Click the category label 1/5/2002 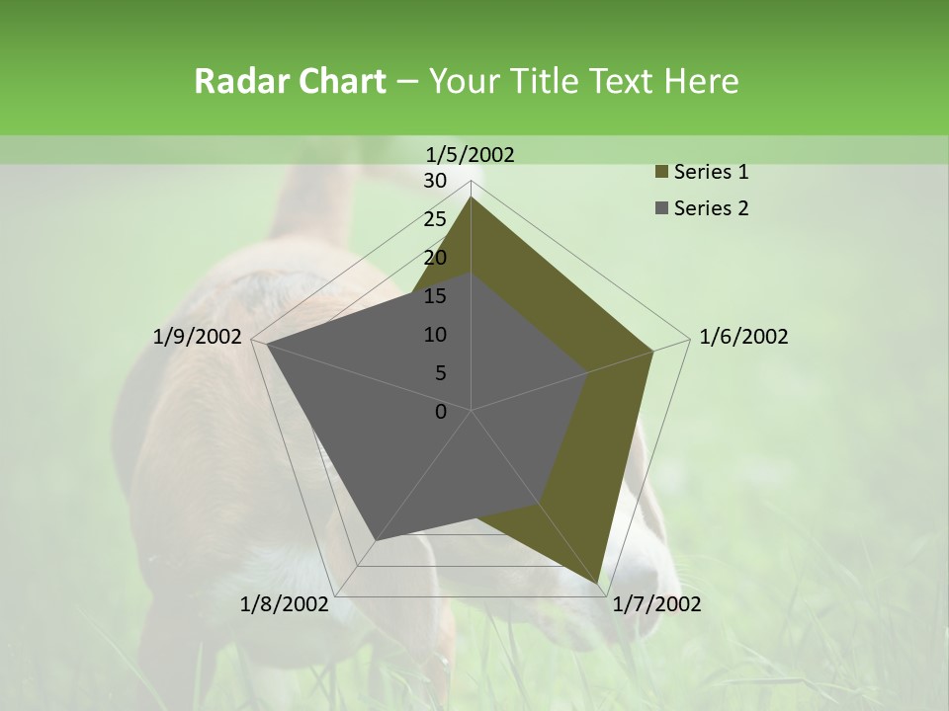[x=471, y=154]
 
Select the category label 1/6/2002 [x=743, y=337]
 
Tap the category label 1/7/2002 [x=656, y=603]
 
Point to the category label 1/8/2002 [x=285, y=603]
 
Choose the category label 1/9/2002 [x=198, y=337]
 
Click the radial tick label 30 [x=435, y=181]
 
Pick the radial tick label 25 [x=435, y=219]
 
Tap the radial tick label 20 [x=435, y=258]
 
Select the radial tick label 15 [x=435, y=296]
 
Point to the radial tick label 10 [x=435, y=335]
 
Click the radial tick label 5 [x=440, y=373]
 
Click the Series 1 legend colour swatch [x=661, y=173]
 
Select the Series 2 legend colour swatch [x=661, y=208]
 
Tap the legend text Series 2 [x=711, y=208]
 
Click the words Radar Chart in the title [x=290, y=81]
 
